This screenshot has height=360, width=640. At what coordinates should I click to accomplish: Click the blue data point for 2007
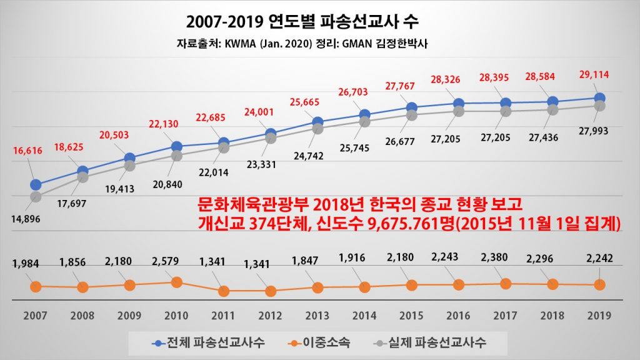point(36,184)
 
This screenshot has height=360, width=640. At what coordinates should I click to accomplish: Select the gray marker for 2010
point(177,156)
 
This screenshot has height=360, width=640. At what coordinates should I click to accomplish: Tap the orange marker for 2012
point(270,291)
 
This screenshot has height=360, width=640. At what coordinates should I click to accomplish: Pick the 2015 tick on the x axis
point(411,316)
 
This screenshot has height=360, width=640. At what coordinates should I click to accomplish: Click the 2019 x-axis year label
point(599,316)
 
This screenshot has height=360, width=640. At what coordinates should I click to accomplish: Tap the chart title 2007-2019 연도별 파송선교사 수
point(302,21)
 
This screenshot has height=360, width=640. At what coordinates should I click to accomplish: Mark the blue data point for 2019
point(599,98)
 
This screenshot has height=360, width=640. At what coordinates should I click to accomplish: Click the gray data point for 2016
point(458,111)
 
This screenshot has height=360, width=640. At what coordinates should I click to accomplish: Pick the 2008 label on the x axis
point(82,316)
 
